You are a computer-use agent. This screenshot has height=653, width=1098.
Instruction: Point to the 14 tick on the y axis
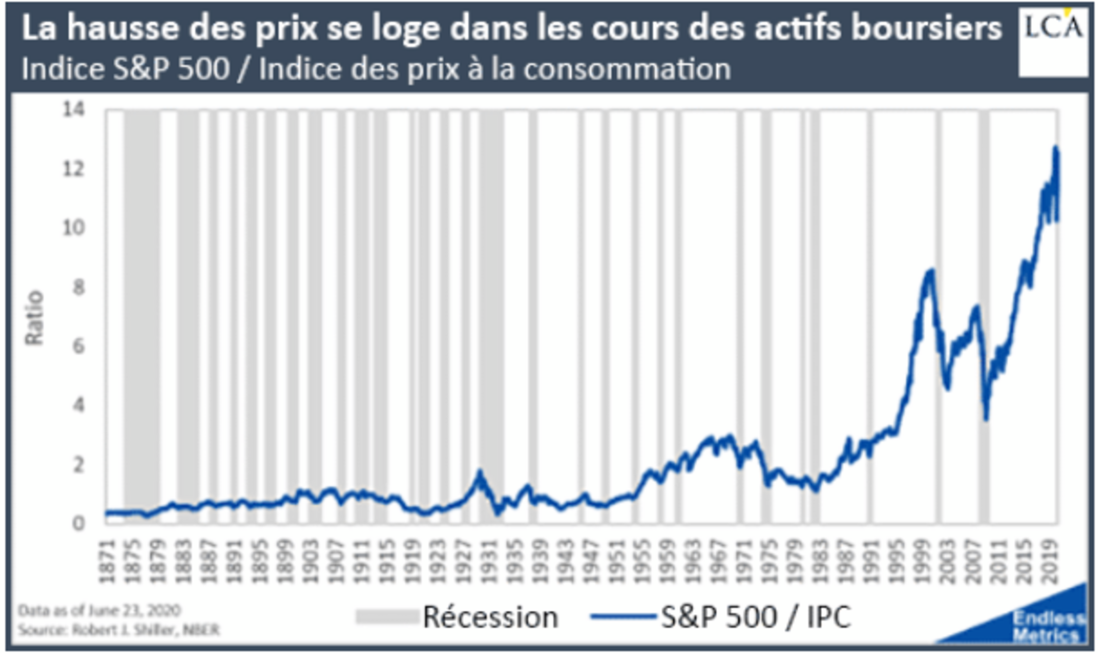point(74,109)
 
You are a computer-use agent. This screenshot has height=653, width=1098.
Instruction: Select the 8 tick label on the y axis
point(78,287)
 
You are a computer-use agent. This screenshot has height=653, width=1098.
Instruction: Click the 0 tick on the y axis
point(78,523)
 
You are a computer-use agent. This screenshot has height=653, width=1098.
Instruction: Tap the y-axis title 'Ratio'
point(34,318)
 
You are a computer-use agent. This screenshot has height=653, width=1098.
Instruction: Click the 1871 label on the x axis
point(107,561)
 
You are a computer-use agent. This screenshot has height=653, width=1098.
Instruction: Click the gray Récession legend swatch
point(386,617)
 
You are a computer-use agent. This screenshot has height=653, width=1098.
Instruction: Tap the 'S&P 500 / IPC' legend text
point(756,617)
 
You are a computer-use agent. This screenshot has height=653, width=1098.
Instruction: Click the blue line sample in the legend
point(622,617)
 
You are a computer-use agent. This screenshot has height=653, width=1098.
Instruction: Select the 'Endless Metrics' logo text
point(1048,627)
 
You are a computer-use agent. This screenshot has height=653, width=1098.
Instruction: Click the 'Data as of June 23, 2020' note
point(99,611)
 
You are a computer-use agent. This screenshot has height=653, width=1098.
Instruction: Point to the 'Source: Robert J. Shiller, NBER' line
point(119,630)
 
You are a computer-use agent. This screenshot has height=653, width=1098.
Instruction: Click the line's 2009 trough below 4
point(986,418)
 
